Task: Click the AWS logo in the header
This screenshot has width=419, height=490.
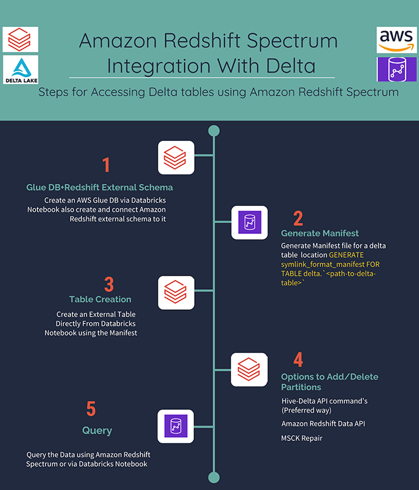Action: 397,40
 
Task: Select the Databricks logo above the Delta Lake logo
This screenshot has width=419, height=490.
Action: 20,39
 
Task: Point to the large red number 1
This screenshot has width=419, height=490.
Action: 106,165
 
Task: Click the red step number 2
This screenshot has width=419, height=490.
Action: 298,218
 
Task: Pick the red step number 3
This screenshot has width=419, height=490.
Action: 108,284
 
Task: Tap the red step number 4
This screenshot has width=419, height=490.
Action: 298,359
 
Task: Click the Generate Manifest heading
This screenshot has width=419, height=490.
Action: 320,233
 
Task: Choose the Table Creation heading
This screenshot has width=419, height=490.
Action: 100,300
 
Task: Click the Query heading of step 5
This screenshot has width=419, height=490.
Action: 97,431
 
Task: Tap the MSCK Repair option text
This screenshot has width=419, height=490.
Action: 301,438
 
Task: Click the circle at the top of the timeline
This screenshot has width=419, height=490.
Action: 213,130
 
